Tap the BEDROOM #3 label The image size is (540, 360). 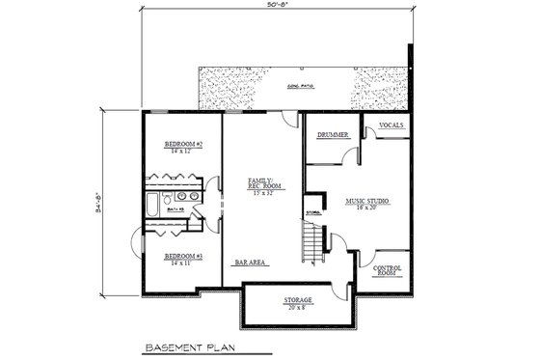point(181,255)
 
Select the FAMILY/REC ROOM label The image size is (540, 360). point(262,182)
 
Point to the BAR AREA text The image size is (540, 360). point(250,262)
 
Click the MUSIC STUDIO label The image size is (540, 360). point(366,201)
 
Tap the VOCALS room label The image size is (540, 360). point(391,125)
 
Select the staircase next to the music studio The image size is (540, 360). point(310,240)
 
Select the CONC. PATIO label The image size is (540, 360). point(302,87)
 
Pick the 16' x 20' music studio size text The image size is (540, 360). point(366,208)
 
